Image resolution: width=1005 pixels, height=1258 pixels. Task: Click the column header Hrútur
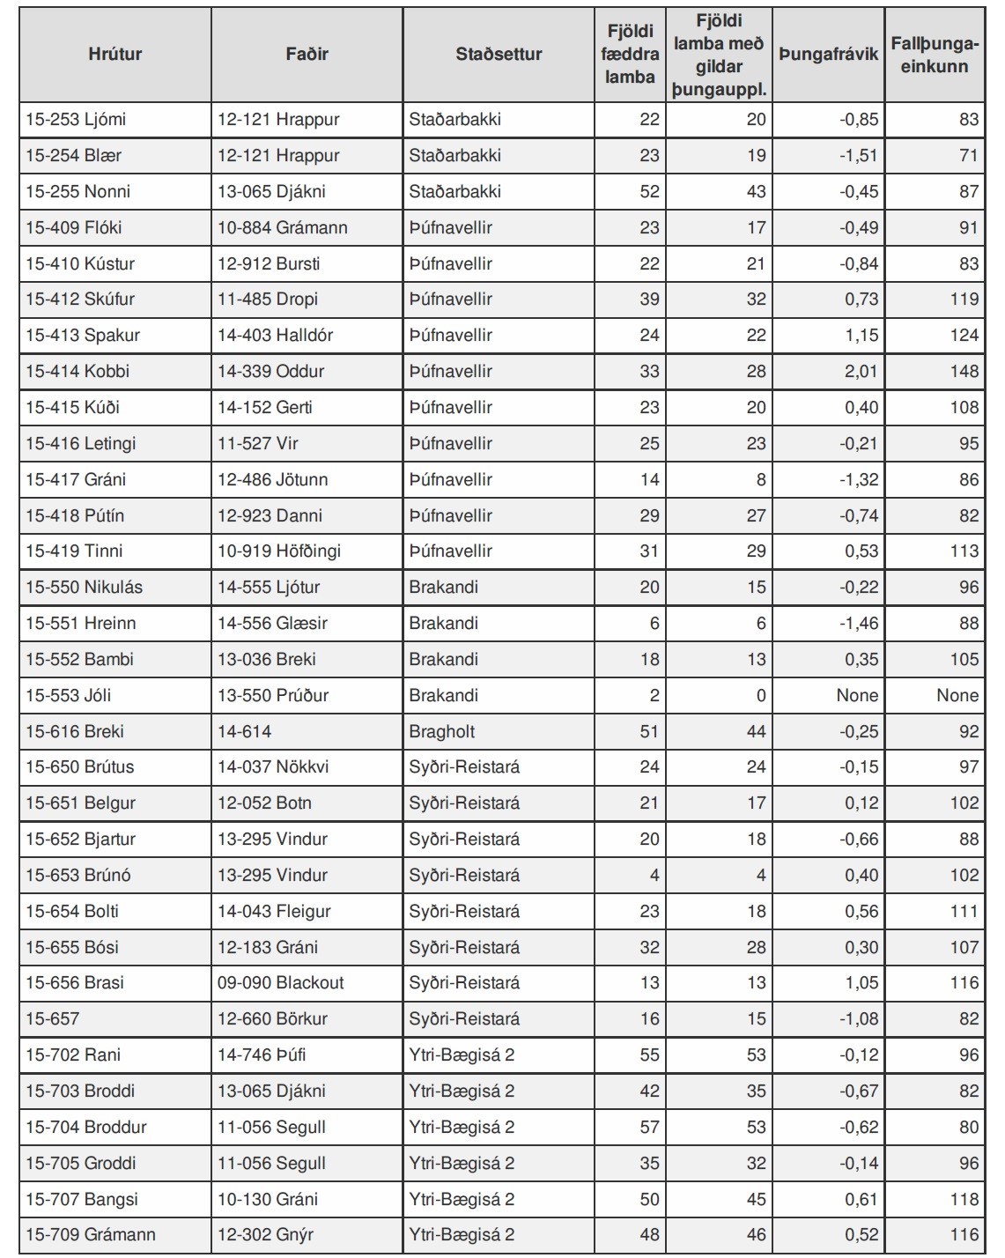[x=115, y=54]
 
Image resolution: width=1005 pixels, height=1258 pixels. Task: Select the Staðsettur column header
[x=499, y=54]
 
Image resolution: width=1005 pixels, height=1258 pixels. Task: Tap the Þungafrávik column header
[x=828, y=54]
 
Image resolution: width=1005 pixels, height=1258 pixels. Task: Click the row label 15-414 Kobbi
[x=78, y=371]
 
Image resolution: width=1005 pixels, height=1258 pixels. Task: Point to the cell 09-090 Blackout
[x=281, y=982]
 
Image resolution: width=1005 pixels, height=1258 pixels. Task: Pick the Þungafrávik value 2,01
[x=861, y=371]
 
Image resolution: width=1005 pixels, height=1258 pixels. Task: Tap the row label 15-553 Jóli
[x=69, y=695]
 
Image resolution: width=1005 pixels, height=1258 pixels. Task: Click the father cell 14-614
[x=245, y=731]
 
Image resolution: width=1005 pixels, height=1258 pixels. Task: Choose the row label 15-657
[x=53, y=1018]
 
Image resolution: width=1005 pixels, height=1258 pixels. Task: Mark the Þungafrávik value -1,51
[x=859, y=155]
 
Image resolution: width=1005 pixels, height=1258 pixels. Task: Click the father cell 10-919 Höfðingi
[x=279, y=551]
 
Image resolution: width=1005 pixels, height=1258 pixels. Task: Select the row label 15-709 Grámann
[x=91, y=1234]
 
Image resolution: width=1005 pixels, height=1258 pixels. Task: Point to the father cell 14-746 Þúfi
[x=262, y=1054]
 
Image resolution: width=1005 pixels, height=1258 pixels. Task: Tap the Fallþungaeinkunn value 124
[x=964, y=335]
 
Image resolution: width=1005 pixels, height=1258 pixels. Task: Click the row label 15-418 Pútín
[x=75, y=515]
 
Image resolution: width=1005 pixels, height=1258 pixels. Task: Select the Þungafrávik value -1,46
[x=859, y=623]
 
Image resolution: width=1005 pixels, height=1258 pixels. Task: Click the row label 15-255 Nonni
[x=77, y=191]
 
